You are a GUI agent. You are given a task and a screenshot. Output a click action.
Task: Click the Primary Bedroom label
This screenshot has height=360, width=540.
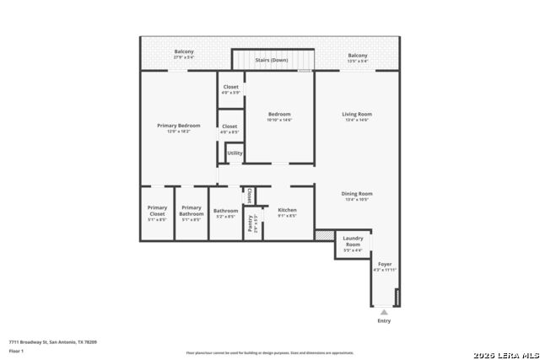179,126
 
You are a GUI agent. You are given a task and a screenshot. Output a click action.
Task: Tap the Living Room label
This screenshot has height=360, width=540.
357,115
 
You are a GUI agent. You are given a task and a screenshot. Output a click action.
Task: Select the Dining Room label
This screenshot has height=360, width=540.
357,194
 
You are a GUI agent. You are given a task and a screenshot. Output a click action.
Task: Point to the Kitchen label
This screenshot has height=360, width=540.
287,211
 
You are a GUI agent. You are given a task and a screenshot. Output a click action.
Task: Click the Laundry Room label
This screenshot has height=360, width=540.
353,241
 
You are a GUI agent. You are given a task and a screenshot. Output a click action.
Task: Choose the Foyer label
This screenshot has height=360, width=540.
385,265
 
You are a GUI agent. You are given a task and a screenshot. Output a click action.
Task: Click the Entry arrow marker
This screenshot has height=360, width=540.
384,312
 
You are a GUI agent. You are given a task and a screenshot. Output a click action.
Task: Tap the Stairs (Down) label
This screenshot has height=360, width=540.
272,61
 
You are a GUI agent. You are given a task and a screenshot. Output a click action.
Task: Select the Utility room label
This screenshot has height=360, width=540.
235,153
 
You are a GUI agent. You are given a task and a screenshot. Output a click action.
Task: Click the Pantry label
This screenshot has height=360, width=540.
251,223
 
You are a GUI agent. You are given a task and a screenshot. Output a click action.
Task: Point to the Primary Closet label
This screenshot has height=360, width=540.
157,211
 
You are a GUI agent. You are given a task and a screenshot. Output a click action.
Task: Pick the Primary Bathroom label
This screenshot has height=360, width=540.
192,211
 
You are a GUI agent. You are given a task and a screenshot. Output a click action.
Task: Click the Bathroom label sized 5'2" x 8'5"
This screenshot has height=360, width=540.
225,212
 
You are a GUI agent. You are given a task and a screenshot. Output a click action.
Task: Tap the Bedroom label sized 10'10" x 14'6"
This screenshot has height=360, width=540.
279,115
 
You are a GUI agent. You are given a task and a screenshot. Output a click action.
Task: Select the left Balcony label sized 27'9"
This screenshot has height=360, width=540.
184,52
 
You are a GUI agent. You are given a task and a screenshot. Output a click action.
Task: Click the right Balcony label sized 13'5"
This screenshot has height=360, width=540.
358,56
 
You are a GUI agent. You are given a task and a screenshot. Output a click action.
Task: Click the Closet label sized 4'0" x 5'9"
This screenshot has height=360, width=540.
230,87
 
